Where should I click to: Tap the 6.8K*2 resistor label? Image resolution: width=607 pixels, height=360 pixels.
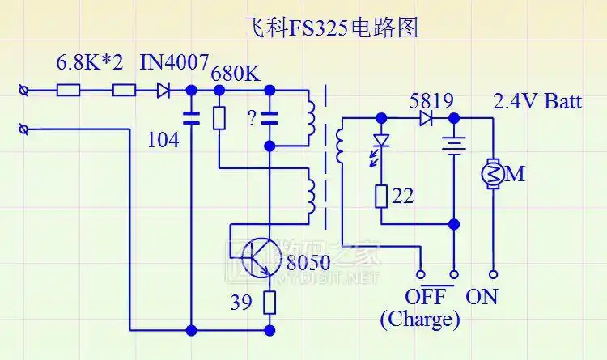point(89,62)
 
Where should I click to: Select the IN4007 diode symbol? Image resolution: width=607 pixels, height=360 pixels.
point(164,91)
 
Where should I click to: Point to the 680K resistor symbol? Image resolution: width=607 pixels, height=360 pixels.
point(219,118)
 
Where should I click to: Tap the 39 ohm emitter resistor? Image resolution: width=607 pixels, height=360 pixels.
point(270,303)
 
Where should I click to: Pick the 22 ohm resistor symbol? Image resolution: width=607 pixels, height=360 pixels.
point(380,196)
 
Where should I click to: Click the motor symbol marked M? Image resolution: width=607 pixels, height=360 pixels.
point(493,172)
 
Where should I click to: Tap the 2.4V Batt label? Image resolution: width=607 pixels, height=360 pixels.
point(537,102)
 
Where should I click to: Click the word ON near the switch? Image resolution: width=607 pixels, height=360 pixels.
point(482,297)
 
